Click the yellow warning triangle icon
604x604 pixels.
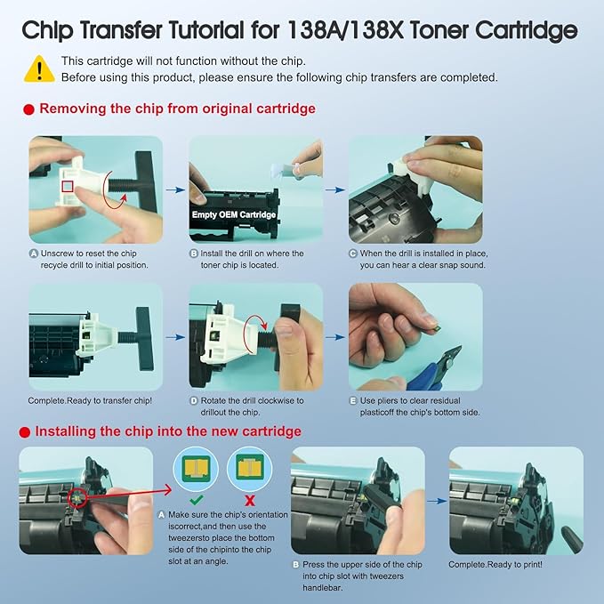tap(38, 68)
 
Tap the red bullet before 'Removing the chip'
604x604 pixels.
tap(27, 109)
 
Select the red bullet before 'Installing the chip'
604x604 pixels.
tap(27, 431)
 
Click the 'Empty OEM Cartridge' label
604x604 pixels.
tap(234, 214)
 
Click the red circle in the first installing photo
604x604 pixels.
tap(77, 500)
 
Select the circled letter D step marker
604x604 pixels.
tap(194, 401)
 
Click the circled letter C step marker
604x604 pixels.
tap(352, 254)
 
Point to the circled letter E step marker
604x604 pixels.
tap(352, 401)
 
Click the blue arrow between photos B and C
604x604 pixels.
tap(334, 189)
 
